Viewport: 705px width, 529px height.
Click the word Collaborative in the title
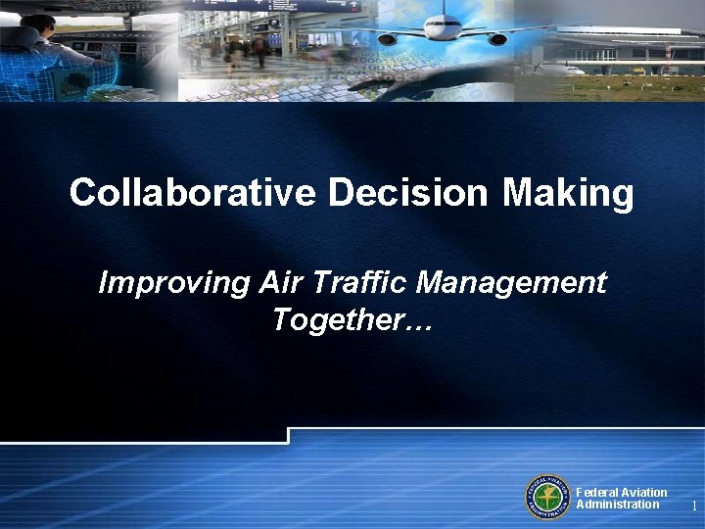[193, 193]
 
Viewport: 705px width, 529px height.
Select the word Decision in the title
[407, 193]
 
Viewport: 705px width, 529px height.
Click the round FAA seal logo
[548, 497]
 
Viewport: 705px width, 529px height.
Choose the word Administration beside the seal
[617, 505]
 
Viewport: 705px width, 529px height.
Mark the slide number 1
[693, 506]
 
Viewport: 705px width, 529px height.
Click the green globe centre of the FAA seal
[548, 497]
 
